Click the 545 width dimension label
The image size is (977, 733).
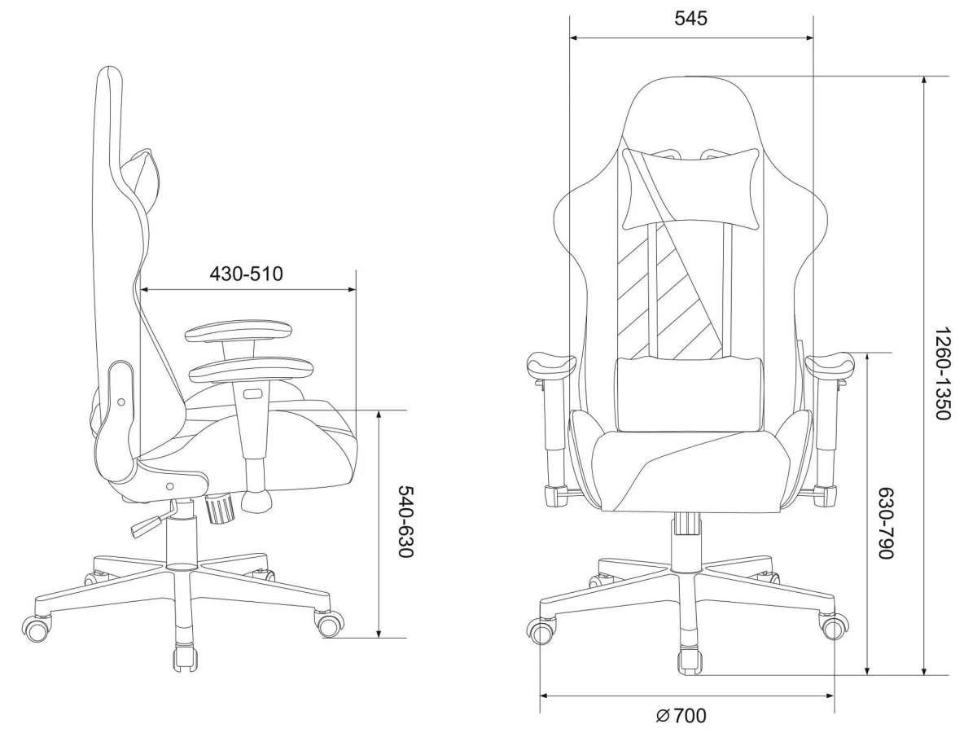[690, 19]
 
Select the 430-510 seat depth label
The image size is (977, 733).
[246, 274]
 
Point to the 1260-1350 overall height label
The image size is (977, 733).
[942, 373]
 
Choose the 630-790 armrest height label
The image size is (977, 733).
[886, 524]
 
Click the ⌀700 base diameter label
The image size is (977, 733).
[681, 716]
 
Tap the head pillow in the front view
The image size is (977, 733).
[690, 190]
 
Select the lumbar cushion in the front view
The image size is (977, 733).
[688, 394]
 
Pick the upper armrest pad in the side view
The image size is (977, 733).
[239, 330]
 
